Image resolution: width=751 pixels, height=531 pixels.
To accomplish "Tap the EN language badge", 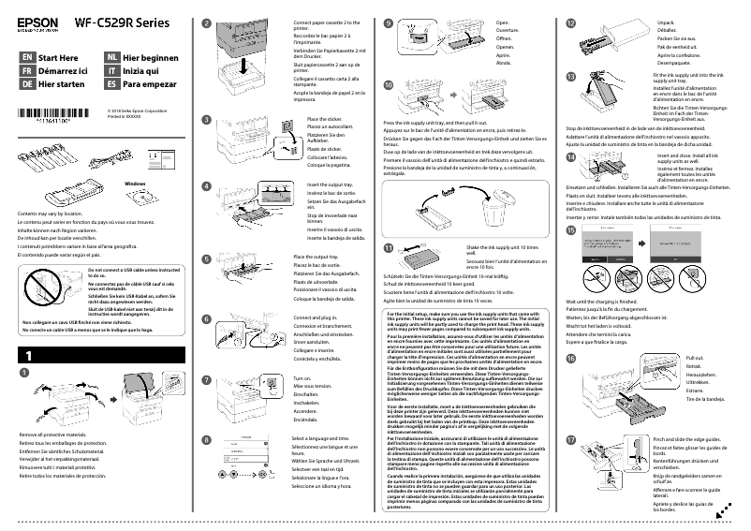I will tap(27, 57).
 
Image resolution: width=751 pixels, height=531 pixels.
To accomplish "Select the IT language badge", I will tap(111, 70).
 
